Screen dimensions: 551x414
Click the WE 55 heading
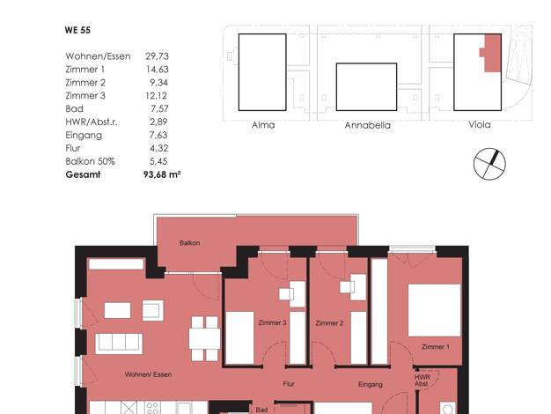pos(77,30)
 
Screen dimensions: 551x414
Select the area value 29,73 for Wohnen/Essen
pos(157,56)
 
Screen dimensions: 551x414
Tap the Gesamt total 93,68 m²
pos(162,174)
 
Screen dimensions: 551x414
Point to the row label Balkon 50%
pos(91,161)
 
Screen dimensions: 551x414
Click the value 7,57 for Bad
pos(159,108)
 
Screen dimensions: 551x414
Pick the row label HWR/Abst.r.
pos(92,122)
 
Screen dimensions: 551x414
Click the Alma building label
pos(263,125)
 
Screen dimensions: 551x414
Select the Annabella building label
pos(367,125)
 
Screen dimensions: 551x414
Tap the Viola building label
pos(480,124)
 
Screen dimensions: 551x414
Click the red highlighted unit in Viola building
pos(493,53)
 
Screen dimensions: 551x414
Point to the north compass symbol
pos(489,164)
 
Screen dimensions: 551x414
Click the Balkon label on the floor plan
pos(190,243)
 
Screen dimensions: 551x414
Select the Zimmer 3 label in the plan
pos(272,322)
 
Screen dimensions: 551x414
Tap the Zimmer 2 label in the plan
pos(329,323)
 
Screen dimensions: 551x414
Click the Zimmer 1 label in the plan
pos(436,347)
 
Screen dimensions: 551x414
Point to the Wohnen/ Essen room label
pos(148,374)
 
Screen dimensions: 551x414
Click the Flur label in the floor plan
pos(289,384)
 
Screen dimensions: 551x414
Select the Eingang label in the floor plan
pos(371,384)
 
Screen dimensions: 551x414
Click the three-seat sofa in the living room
pos(119,344)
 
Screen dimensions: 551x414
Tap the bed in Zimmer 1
pos(434,310)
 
